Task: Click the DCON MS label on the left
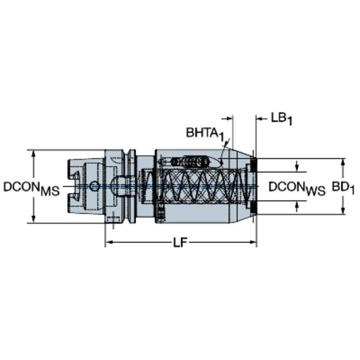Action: coord(31,188)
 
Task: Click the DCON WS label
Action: coord(297,188)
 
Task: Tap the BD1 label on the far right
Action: coord(343,188)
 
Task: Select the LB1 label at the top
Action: coord(281,119)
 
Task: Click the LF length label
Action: coord(180,242)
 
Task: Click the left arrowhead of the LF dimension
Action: coord(109,242)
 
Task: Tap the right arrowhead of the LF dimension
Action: coord(253,242)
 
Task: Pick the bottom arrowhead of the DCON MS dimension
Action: coord(34,219)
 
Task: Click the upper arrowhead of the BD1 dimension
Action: coord(343,163)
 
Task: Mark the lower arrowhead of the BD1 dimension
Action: coord(343,211)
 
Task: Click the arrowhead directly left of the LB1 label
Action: coord(260,119)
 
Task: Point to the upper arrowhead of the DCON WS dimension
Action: coord(297,169)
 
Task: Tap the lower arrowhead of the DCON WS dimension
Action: coord(297,205)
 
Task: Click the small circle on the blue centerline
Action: coord(94,186)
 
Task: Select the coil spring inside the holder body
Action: coord(204,187)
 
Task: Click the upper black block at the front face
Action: coord(253,166)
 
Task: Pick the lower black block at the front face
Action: coord(253,208)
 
